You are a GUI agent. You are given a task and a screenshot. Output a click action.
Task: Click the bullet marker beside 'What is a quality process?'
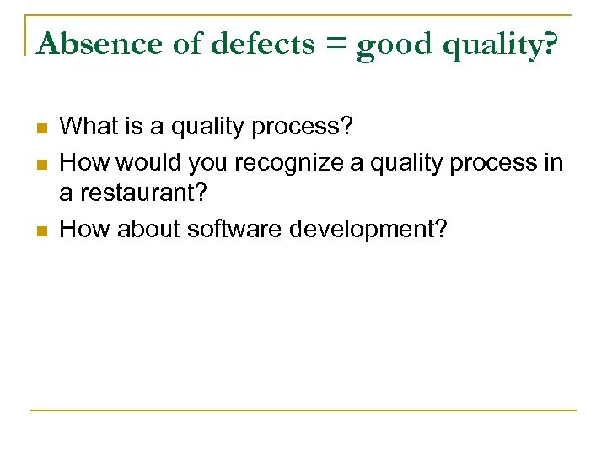point(40,128)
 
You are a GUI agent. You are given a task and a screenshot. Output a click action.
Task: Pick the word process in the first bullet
point(307,128)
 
